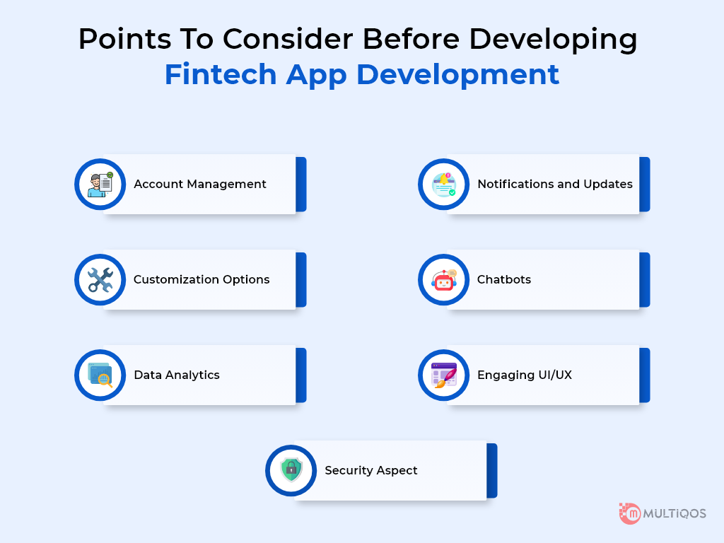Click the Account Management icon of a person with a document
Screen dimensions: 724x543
(100, 185)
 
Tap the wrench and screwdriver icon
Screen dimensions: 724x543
(100, 280)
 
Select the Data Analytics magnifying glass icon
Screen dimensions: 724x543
(100, 375)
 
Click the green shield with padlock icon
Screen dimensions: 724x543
(291, 470)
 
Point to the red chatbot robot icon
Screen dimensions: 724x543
(444, 280)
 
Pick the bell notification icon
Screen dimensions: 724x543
(444, 185)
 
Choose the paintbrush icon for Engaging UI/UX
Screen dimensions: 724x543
(444, 375)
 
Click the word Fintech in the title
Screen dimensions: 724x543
(221, 74)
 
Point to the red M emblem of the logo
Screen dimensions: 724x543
(630, 513)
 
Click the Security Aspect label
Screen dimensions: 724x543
(370, 470)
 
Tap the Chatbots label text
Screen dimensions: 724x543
(503, 279)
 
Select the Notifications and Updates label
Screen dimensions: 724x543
(554, 184)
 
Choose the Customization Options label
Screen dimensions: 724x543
(202, 280)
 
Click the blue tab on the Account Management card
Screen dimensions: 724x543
(301, 185)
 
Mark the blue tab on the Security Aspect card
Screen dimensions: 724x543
(492, 470)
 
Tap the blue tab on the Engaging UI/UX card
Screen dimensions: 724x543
(645, 375)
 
